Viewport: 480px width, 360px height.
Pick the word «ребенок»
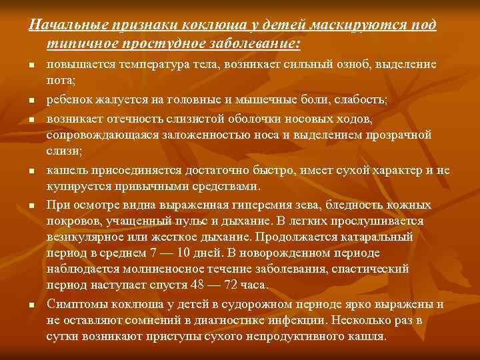(x=68, y=100)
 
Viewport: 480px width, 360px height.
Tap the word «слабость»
(x=359, y=100)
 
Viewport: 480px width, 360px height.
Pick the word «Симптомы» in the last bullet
(x=76, y=304)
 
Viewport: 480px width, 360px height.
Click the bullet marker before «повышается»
(x=32, y=65)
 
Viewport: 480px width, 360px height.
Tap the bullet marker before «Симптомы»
(x=32, y=305)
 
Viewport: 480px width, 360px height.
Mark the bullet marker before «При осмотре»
(x=32, y=205)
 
